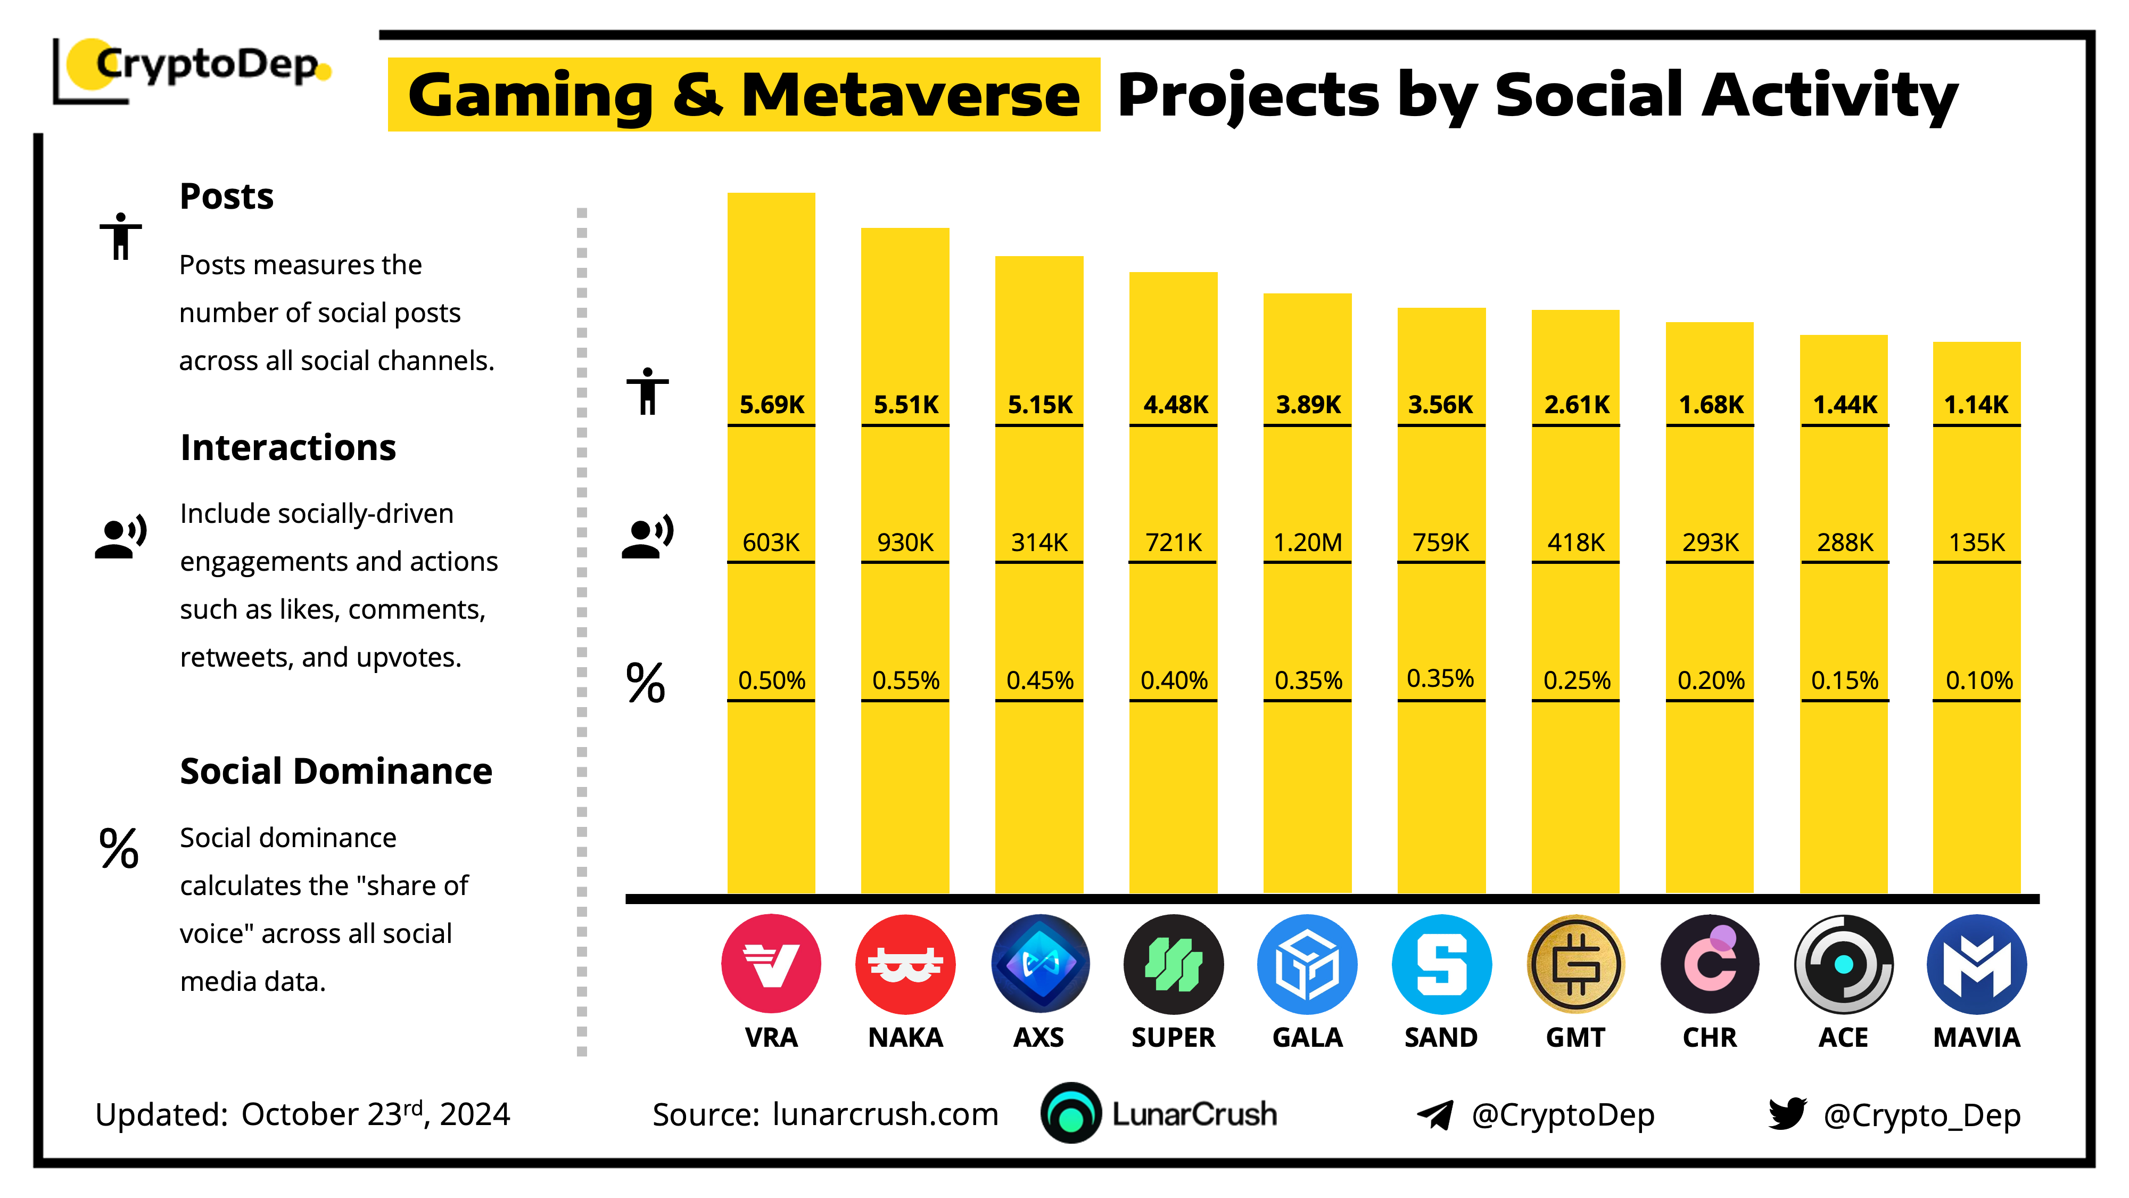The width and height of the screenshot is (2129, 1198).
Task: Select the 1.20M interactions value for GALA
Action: click(1308, 543)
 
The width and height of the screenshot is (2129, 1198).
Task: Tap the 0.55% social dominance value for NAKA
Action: click(905, 680)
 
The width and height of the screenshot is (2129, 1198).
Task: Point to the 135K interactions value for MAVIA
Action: click(1976, 543)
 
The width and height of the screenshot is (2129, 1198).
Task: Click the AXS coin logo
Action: click(1039, 964)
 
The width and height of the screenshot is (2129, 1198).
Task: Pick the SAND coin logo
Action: click(1441, 964)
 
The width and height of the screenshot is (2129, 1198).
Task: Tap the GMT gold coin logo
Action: click(1575, 964)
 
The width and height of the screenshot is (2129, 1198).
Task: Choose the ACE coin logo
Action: click(1843, 964)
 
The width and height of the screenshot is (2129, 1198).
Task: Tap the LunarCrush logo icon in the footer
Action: click(1071, 1114)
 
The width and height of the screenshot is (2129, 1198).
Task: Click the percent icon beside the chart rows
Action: click(646, 683)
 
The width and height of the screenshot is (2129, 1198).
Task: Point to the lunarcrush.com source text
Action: click(885, 1114)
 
